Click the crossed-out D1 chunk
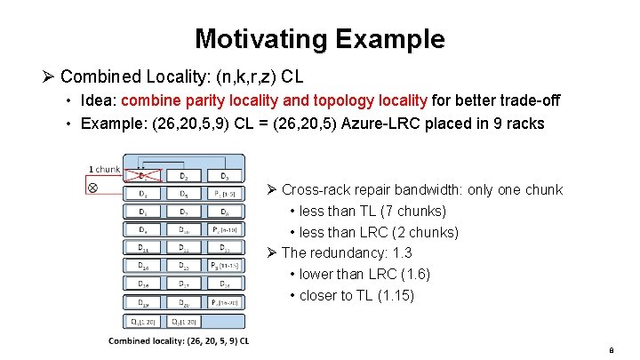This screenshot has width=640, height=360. click(x=143, y=175)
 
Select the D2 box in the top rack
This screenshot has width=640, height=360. click(x=183, y=175)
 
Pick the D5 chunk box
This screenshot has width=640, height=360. click(x=183, y=194)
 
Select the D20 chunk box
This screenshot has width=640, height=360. click(x=183, y=302)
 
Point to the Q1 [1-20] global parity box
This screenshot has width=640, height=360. click(x=141, y=321)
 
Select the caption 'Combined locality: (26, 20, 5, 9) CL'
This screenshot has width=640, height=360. click(x=178, y=340)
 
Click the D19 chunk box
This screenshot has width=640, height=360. click(x=143, y=302)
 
